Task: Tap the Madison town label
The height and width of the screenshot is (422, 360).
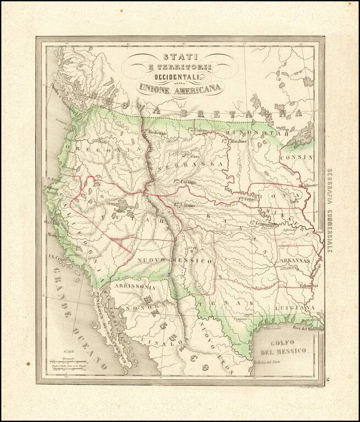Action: point(309,185)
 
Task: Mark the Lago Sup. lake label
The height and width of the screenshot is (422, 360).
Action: point(304,135)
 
